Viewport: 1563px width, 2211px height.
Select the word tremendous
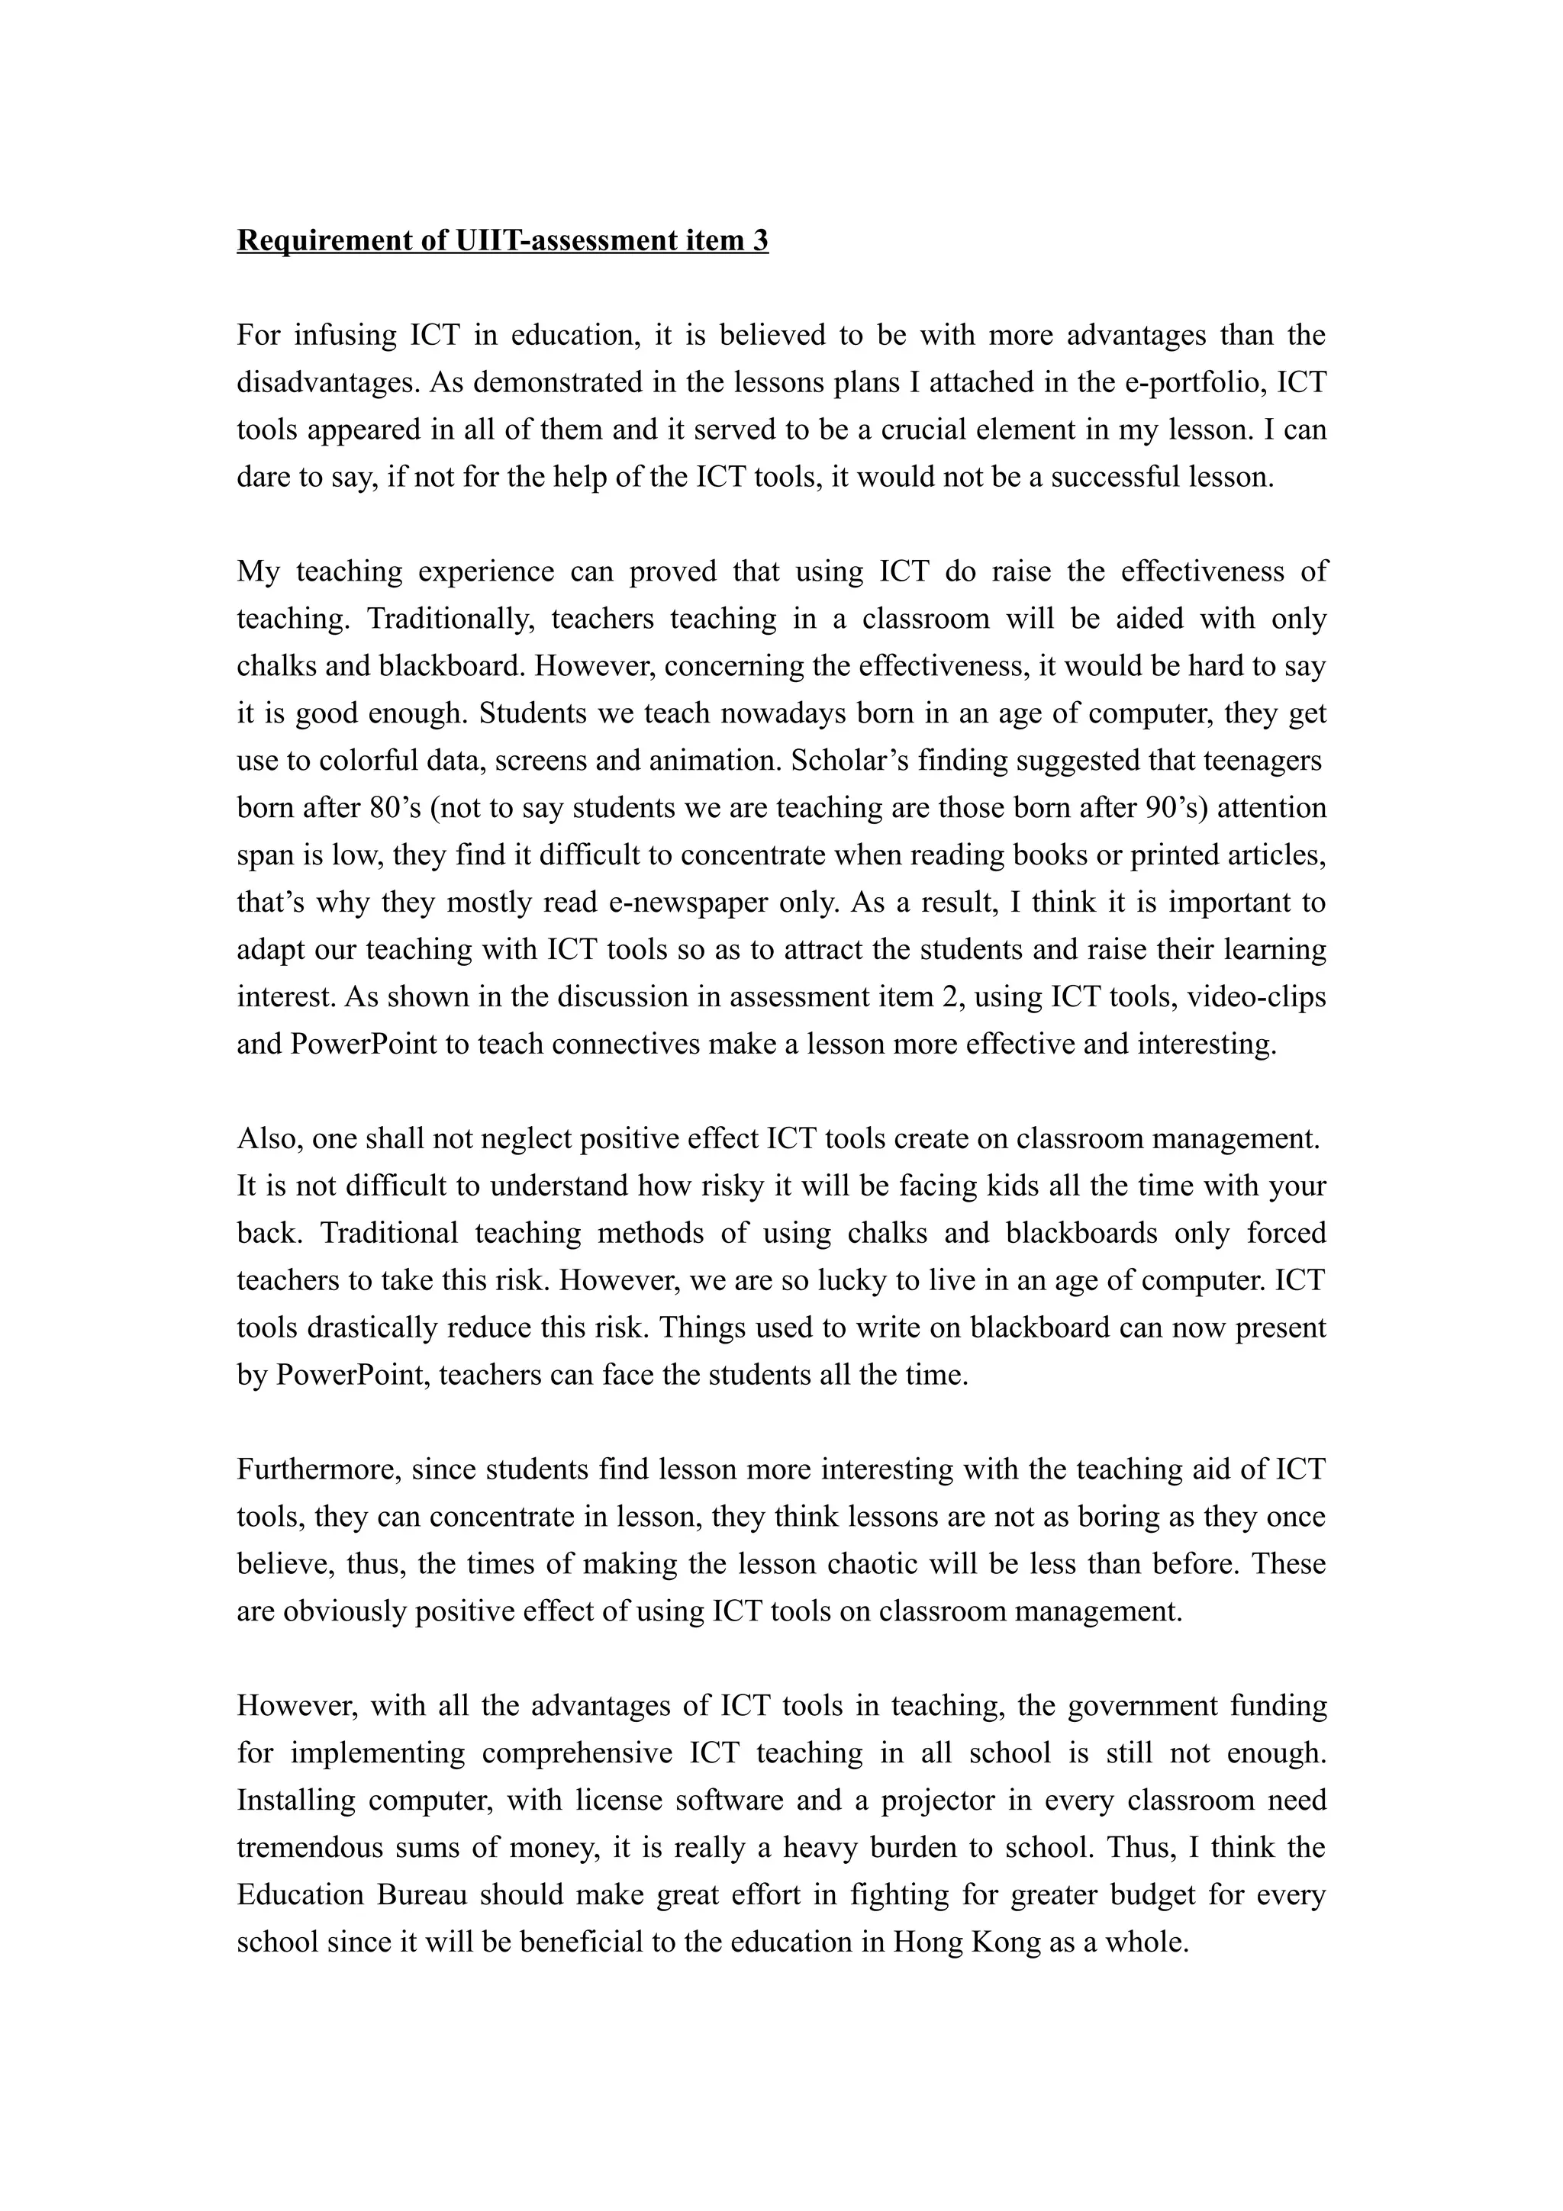309,1847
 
